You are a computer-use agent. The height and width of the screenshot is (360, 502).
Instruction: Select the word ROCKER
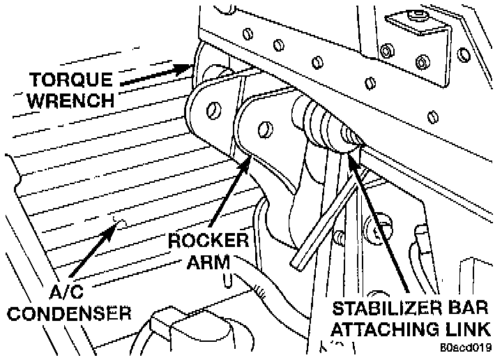(208, 242)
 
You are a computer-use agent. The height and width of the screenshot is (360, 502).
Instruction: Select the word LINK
(469, 328)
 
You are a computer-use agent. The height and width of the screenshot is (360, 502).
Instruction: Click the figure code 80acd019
(469, 347)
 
